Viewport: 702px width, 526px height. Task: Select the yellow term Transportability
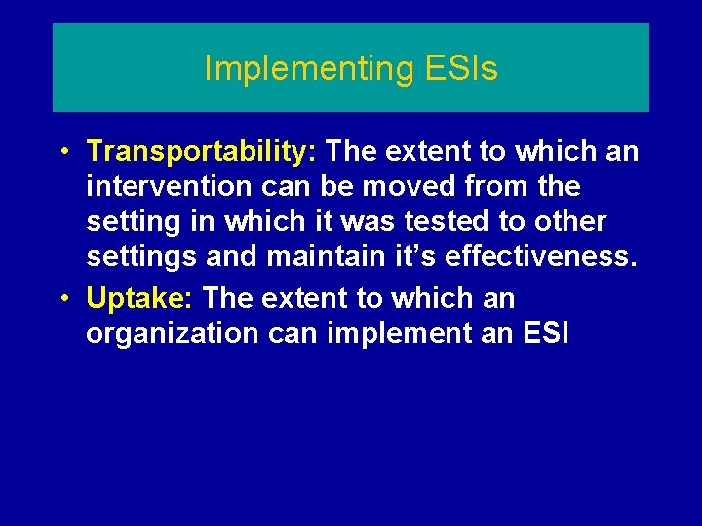tap(198, 151)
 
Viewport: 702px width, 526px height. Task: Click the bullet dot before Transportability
tap(62, 152)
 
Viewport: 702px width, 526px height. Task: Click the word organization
tap(170, 333)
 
